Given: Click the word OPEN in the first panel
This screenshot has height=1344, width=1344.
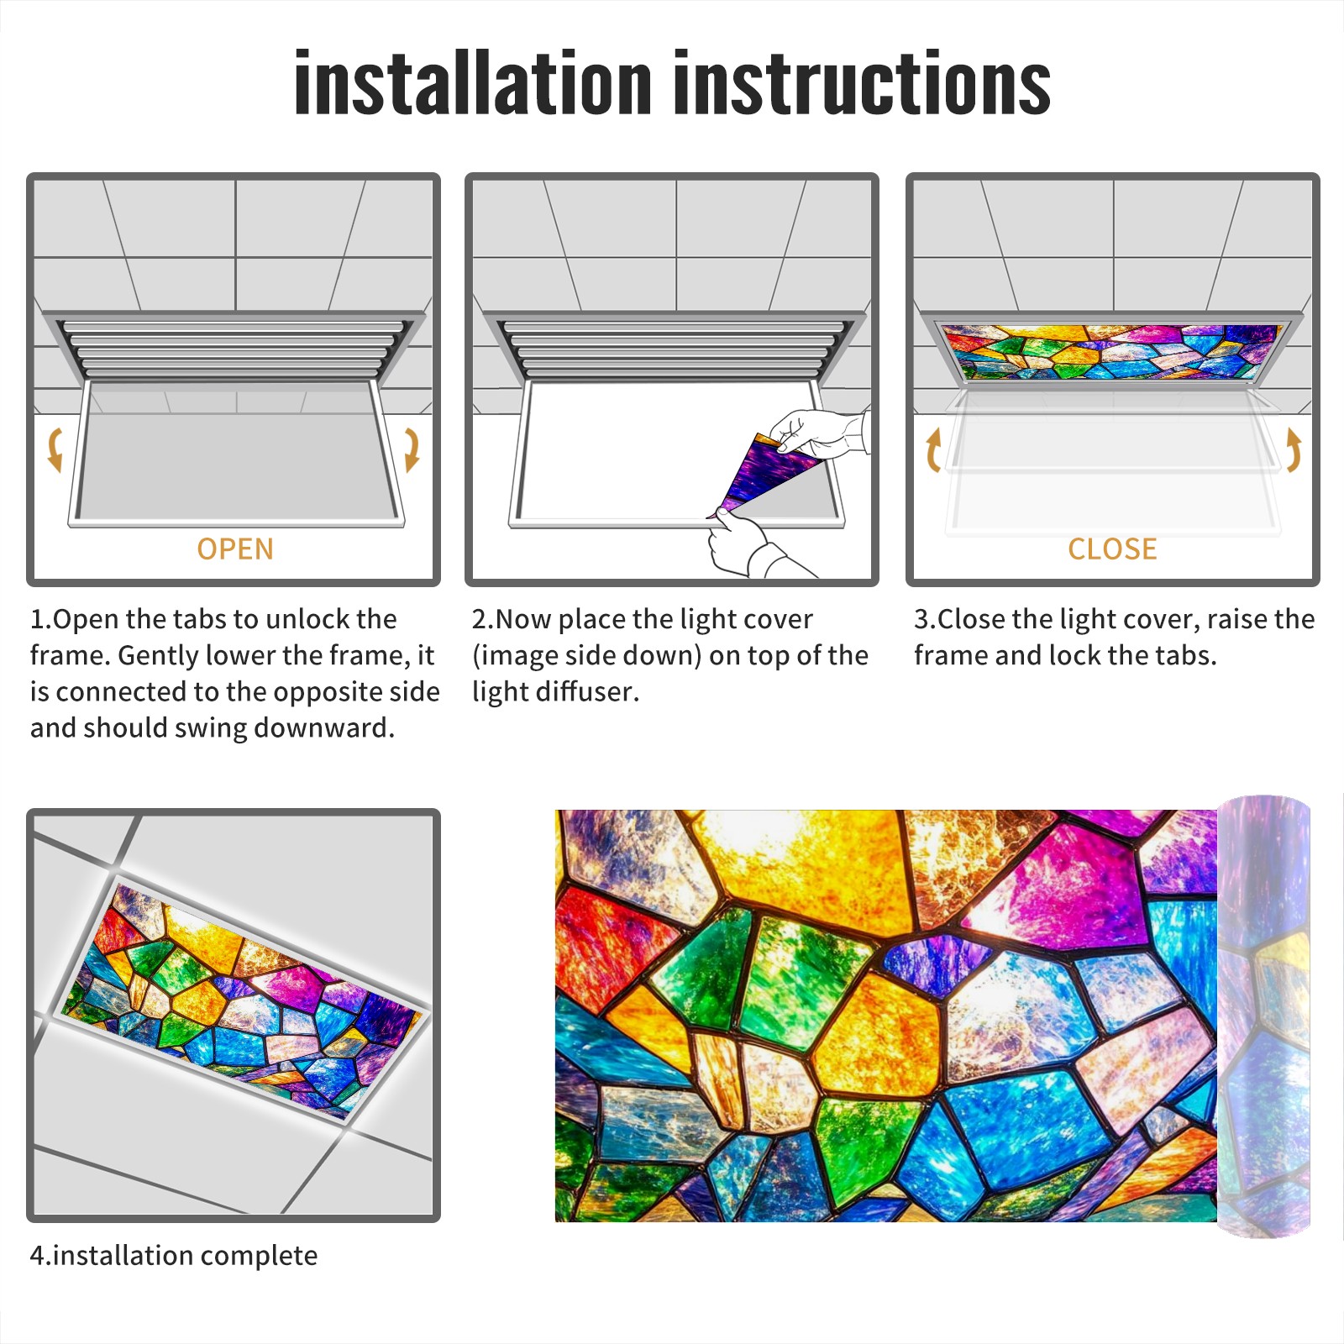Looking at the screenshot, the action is pyautogui.click(x=235, y=549).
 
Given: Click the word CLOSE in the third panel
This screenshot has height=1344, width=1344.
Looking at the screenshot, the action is pyautogui.click(x=1112, y=549).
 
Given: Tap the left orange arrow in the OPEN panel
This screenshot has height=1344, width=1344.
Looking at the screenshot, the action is pyautogui.click(x=55, y=449).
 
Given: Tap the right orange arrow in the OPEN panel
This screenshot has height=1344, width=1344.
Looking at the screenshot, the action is pyautogui.click(x=412, y=449).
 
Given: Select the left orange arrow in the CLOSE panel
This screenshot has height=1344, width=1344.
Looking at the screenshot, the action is pyautogui.click(x=932, y=449).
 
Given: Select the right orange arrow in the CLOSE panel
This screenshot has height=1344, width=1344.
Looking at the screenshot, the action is pyautogui.click(x=1294, y=449).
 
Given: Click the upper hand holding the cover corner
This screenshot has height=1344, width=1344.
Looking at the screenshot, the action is pyautogui.click(x=819, y=433).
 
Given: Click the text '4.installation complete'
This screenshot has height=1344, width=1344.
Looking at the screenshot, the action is pyautogui.click(x=174, y=1255).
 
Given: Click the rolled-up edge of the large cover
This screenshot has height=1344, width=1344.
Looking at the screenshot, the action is pyautogui.click(x=1263, y=1016).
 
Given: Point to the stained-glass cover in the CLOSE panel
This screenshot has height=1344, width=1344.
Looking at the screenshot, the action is pyautogui.click(x=1112, y=352).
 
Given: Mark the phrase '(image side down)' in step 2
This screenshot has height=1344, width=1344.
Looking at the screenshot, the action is pyautogui.click(x=585, y=655).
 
